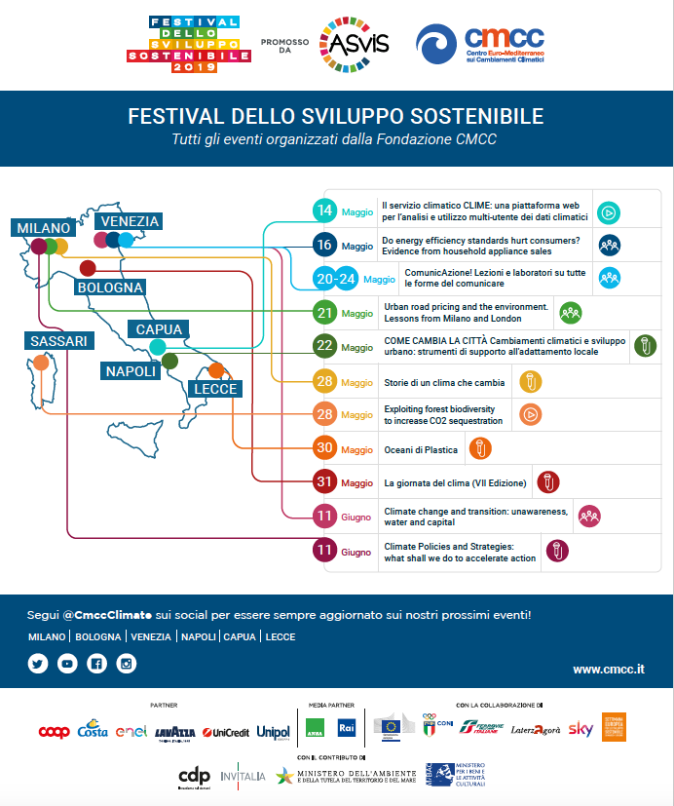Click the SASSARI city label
(x=58, y=341)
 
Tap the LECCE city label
(x=215, y=389)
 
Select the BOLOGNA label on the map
(x=110, y=288)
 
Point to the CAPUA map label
(x=159, y=329)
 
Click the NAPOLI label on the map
(x=131, y=371)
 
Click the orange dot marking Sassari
(x=41, y=363)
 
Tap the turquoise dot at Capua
(x=158, y=347)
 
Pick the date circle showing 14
(x=324, y=211)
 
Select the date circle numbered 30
(x=324, y=449)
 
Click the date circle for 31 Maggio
(x=324, y=482)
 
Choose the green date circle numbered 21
(x=324, y=314)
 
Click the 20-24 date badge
(x=335, y=279)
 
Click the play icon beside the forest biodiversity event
(x=530, y=414)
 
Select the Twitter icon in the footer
(x=38, y=664)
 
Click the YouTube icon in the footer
(x=67, y=664)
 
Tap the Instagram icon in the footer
(x=126, y=664)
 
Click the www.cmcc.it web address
(x=609, y=670)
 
